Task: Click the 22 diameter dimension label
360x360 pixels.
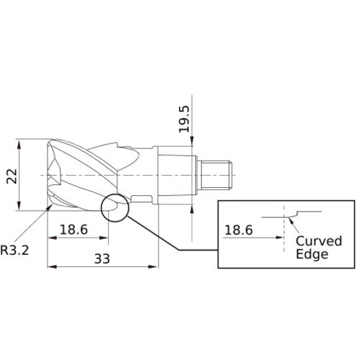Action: [x=12, y=176]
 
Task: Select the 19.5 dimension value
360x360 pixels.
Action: [x=184, y=119]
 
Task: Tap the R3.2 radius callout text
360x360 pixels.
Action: [x=14, y=251]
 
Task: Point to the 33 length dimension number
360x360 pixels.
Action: [x=102, y=258]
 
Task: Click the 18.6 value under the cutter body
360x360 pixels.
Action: [x=73, y=230]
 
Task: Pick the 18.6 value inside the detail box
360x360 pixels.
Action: [x=238, y=230]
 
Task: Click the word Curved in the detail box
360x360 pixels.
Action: [x=319, y=241]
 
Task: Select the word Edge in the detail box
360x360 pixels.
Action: [x=312, y=254]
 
